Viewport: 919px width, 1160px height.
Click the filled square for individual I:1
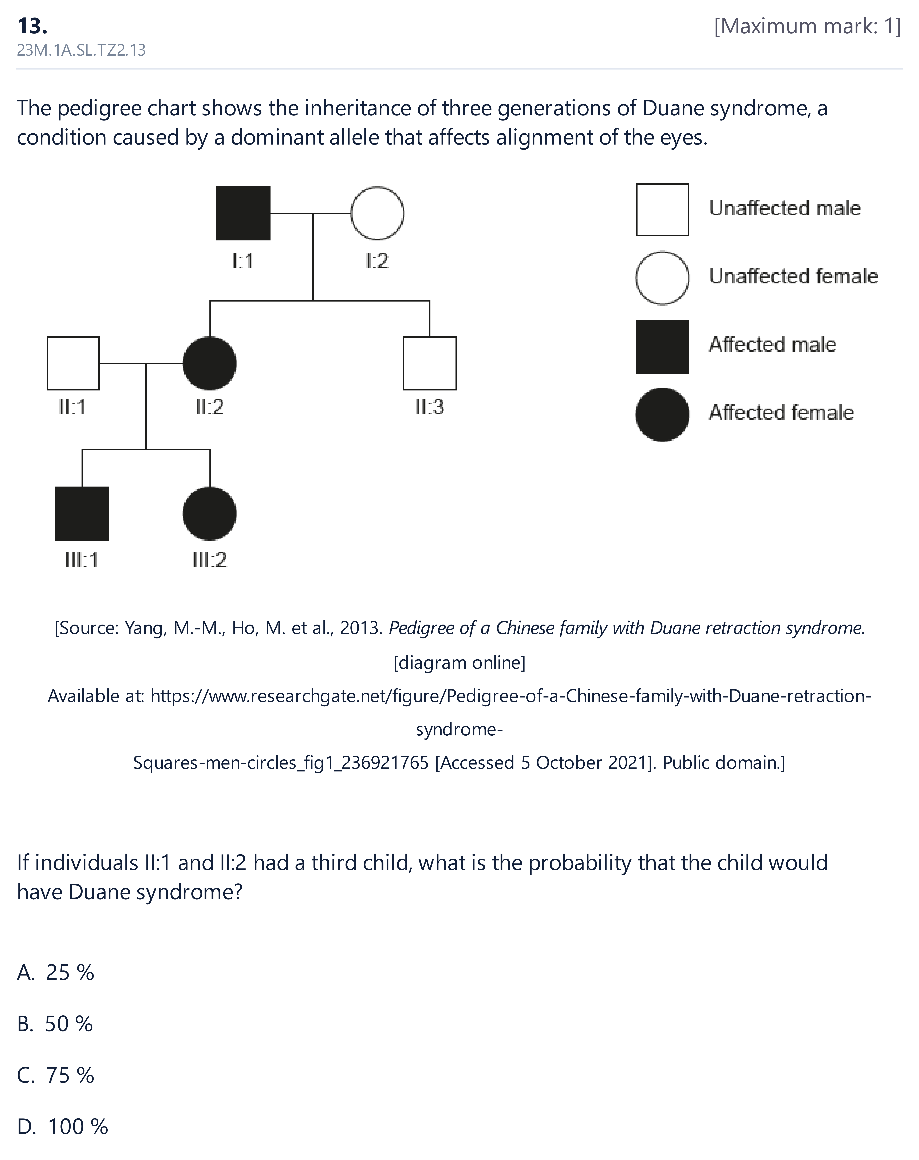(x=243, y=213)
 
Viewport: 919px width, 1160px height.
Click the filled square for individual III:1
(x=82, y=513)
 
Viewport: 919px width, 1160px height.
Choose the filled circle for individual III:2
(x=210, y=513)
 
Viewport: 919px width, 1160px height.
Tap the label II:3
(x=430, y=407)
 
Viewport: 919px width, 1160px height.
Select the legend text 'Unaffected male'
(x=785, y=208)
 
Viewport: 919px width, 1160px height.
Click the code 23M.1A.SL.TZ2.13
(x=81, y=50)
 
